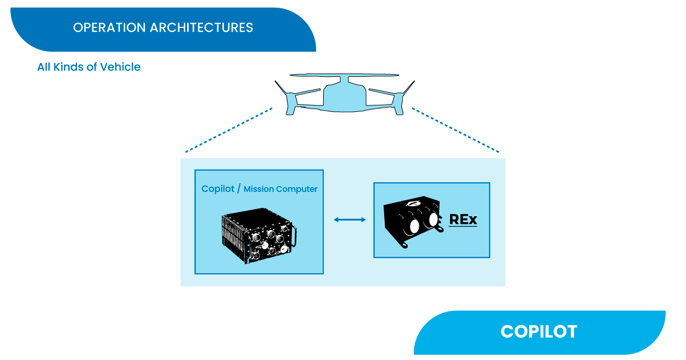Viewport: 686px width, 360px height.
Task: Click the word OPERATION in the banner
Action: (109, 27)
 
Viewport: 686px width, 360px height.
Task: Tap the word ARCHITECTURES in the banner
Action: (201, 27)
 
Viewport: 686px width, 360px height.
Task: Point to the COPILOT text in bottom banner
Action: (539, 331)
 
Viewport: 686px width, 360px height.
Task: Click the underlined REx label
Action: (463, 220)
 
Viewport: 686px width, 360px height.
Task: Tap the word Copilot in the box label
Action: (218, 189)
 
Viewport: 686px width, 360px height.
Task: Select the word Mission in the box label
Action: (258, 189)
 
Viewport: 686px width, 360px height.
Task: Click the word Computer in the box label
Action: (297, 189)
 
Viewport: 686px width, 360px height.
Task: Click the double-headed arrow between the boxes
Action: (350, 220)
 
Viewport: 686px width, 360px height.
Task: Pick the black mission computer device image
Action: (259, 235)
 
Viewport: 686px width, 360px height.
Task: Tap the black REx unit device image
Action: (413, 222)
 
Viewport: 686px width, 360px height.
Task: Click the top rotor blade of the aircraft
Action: (344, 75)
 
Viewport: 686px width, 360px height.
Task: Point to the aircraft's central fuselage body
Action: (345, 97)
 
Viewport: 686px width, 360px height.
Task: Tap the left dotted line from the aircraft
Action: (229, 130)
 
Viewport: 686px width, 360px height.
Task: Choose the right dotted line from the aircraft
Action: (456, 130)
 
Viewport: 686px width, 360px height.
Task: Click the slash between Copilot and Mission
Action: (239, 189)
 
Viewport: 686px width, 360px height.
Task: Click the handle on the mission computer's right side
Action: (294, 236)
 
